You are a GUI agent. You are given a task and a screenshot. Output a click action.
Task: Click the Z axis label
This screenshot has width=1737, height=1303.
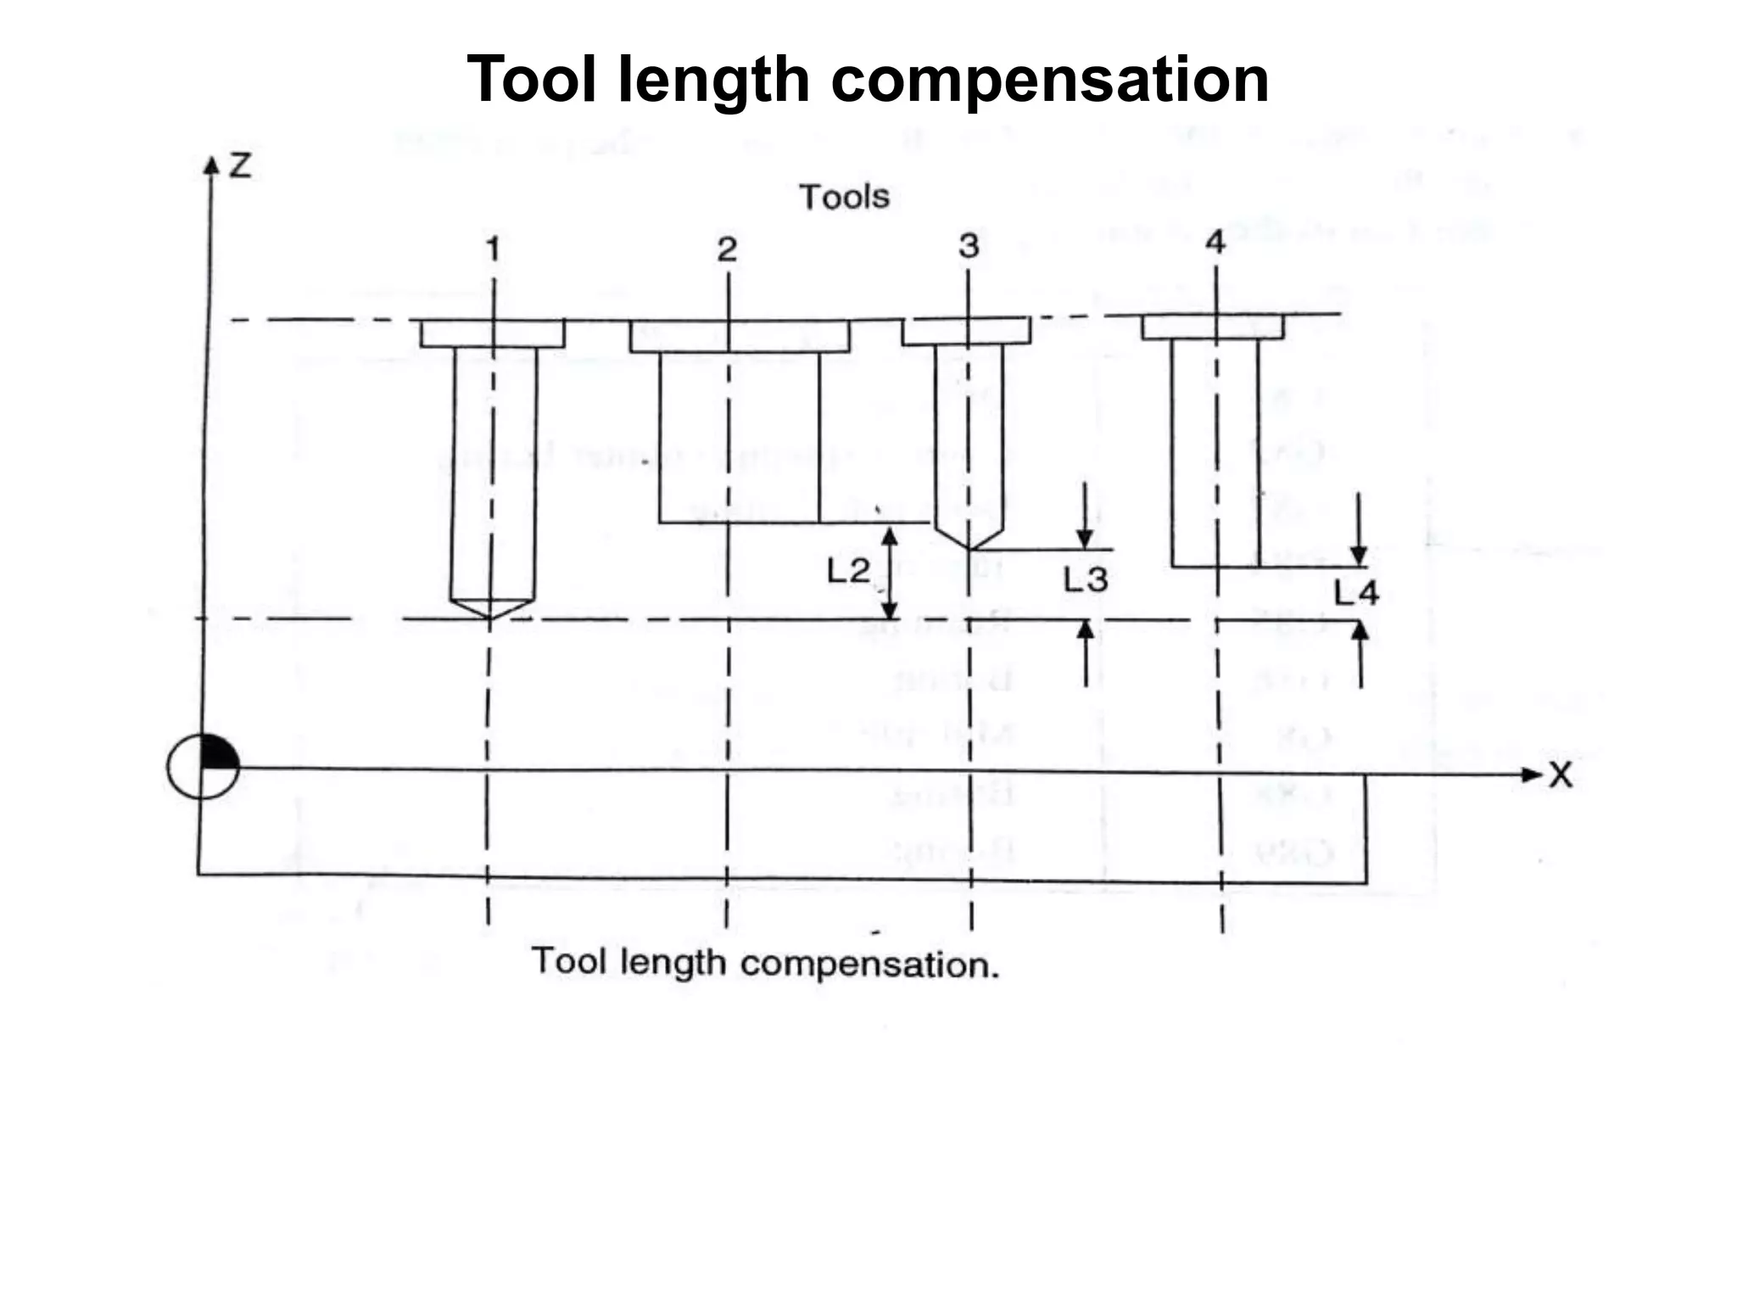(240, 165)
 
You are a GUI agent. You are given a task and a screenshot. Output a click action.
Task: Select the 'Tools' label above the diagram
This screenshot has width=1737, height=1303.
(844, 197)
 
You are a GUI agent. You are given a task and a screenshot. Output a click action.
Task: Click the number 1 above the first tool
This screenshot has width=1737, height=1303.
(493, 249)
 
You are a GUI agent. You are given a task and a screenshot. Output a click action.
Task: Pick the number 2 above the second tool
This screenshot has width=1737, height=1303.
(727, 249)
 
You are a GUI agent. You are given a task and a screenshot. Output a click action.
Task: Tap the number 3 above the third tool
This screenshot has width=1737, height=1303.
(969, 246)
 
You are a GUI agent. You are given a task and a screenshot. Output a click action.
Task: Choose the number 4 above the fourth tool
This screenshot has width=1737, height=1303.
(1215, 243)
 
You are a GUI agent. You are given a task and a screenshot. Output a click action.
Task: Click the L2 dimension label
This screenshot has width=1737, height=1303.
(848, 571)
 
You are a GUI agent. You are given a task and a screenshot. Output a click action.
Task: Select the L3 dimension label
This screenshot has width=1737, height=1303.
(1086, 580)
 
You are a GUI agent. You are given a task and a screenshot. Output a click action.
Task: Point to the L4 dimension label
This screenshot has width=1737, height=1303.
(1356, 592)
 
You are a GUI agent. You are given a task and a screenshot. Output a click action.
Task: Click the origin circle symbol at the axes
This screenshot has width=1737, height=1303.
(203, 766)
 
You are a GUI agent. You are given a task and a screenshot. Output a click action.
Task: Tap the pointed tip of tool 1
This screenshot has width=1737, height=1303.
(491, 617)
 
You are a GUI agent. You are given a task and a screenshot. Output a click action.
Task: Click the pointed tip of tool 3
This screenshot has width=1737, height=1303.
(970, 547)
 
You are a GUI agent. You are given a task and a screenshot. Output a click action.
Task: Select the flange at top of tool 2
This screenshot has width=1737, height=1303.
(740, 336)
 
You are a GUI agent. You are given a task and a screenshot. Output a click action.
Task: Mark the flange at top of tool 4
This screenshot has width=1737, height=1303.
(1213, 327)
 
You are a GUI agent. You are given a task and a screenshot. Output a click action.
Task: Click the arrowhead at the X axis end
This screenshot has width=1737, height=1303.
(1532, 775)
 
